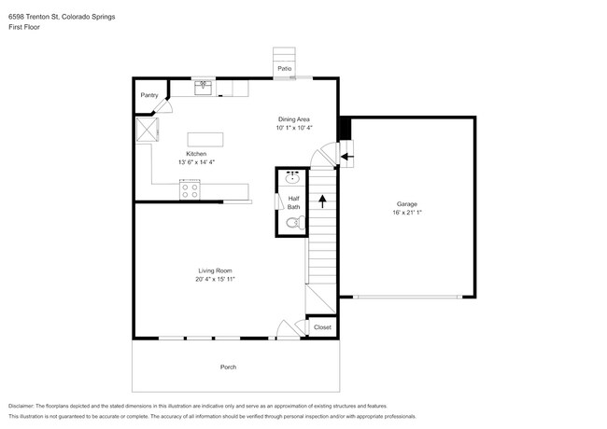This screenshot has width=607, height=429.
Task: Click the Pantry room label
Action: coord(149,95)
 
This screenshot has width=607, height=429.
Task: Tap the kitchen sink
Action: coord(203,88)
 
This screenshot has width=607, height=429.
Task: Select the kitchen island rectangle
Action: coord(205,140)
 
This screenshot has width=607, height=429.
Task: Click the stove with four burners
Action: coord(190,189)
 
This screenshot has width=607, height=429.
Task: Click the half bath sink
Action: coord(292,177)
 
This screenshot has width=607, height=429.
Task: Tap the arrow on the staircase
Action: coord(322,201)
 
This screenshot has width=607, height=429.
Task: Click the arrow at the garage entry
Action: coord(347,157)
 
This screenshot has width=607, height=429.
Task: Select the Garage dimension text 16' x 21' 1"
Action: coord(407,213)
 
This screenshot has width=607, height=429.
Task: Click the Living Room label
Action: coord(215,270)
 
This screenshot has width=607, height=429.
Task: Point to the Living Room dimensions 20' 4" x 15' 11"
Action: coord(215,279)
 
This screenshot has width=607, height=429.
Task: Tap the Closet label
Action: coord(322,327)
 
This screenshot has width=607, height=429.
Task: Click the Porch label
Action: coord(228,367)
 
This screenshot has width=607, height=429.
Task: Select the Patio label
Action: coord(284,68)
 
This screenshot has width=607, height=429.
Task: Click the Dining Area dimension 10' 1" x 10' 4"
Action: coord(294,128)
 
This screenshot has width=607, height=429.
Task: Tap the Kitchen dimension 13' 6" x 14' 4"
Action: coord(196,162)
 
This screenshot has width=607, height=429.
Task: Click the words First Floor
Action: coord(24,27)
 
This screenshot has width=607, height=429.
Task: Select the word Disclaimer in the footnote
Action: coord(21,407)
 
